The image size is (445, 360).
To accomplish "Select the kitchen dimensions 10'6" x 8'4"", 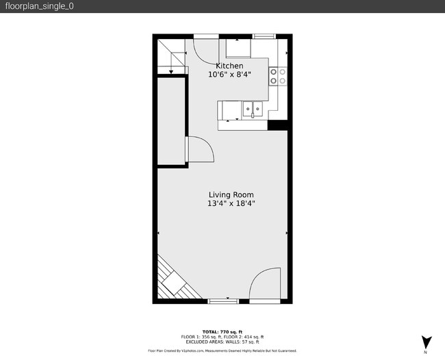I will [229, 74].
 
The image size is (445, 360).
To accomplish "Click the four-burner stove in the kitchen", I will [277, 76].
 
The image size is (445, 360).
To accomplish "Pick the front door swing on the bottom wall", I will [264, 284].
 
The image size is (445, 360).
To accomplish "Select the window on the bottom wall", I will [222, 301].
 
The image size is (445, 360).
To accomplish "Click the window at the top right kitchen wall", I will [264, 36].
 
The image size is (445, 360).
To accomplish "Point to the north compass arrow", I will [426, 342].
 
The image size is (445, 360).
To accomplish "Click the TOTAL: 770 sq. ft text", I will [222, 331].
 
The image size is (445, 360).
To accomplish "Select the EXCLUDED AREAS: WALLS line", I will [222, 342].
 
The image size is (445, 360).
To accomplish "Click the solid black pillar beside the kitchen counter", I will [277, 125].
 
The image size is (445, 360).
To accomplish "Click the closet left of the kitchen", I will [171, 122].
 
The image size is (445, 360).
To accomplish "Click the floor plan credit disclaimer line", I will [222, 350].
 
